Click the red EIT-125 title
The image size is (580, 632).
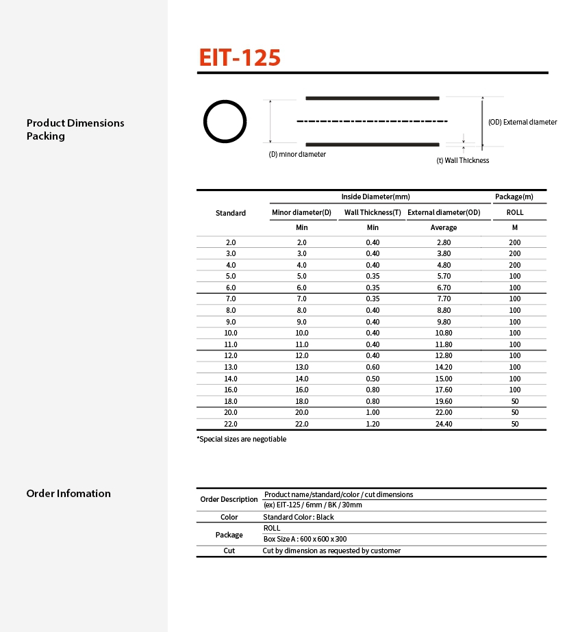pyautogui.click(x=240, y=58)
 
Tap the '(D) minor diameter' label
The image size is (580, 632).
pyautogui.click(x=297, y=155)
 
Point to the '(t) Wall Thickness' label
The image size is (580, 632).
pyautogui.click(x=463, y=161)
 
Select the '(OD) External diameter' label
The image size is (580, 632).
pyautogui.click(x=522, y=123)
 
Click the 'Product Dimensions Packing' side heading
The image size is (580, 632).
pyautogui.click(x=75, y=129)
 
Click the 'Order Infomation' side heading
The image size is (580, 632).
pyautogui.click(x=68, y=494)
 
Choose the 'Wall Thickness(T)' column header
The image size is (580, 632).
pyautogui.click(x=373, y=213)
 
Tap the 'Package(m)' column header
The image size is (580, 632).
pyautogui.click(x=514, y=197)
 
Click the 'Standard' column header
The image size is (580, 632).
pyautogui.click(x=231, y=213)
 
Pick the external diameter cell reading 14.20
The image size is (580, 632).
pyautogui.click(x=443, y=367)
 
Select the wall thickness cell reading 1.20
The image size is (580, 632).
pyautogui.click(x=373, y=424)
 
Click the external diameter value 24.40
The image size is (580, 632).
pyautogui.click(x=443, y=424)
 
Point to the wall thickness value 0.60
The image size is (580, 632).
pyautogui.click(x=373, y=367)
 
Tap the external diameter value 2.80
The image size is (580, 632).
pyautogui.click(x=443, y=242)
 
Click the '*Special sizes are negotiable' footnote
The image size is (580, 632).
pyautogui.click(x=242, y=440)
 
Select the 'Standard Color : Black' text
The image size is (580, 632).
pyautogui.click(x=299, y=518)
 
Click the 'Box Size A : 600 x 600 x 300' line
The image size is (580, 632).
pyautogui.click(x=305, y=540)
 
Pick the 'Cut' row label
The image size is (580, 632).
pyautogui.click(x=229, y=551)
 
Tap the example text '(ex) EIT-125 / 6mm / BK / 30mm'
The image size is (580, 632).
pyautogui.click(x=313, y=505)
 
